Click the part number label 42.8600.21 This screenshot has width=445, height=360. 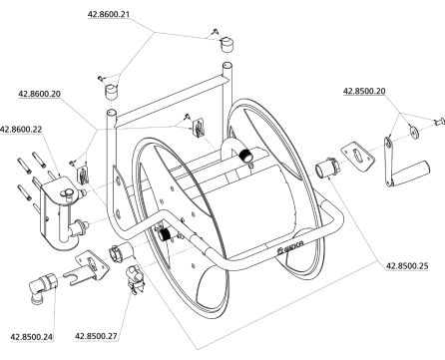pos(108,14)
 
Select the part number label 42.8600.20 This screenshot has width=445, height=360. pos(40,94)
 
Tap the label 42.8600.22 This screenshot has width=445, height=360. pos(21,130)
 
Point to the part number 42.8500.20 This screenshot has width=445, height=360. pos(364,91)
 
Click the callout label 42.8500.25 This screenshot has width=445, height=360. pos(407,266)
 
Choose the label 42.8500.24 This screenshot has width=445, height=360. pos(32,337)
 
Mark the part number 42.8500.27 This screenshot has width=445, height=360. pos(96,336)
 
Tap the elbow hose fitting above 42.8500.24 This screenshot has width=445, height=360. pos(43,286)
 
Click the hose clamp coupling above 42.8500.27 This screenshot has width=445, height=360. pos(135,278)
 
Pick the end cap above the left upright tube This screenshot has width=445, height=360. pos(112,91)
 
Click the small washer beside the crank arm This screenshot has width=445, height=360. pos(413,131)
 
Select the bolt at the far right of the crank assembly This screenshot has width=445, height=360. pos(439,122)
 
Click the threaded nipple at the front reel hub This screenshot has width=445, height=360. pos(164,234)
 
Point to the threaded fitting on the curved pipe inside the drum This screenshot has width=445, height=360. pos(246,156)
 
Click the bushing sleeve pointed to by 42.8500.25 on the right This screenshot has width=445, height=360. pos(326,168)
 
